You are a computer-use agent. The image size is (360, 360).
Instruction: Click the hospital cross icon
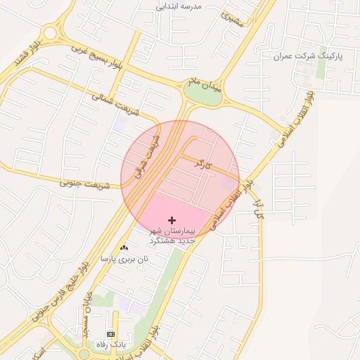click(x=172, y=221)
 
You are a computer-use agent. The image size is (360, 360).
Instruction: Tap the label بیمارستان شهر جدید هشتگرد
click(x=172, y=236)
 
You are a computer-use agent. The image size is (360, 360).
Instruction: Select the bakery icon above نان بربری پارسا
click(x=124, y=247)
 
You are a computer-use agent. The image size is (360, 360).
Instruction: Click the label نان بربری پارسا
click(x=124, y=259)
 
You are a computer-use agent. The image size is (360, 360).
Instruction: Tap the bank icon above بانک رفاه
click(x=110, y=334)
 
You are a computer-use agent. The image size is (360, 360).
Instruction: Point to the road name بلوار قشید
click(x=27, y=55)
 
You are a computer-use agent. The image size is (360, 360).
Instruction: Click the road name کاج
click(x=258, y=209)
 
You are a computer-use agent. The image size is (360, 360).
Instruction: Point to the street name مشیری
click(x=232, y=18)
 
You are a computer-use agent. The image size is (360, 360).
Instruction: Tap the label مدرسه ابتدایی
click(x=179, y=6)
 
